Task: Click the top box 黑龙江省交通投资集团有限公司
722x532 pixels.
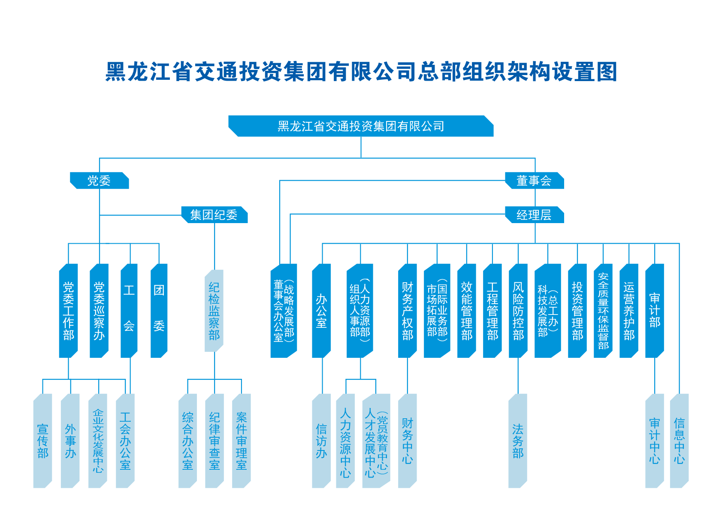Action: (361, 126)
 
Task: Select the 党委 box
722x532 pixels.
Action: (99, 181)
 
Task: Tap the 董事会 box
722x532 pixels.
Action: (535, 181)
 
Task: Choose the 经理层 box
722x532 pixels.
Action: (535, 215)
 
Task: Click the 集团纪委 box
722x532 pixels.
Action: (214, 215)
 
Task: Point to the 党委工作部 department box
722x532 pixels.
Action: (68, 311)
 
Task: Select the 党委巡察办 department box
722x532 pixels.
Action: (99, 311)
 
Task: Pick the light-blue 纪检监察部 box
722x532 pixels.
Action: (214, 311)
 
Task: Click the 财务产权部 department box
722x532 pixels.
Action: (408, 311)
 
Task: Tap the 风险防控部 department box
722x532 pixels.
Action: (518, 311)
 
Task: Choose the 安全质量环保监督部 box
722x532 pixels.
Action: (603, 311)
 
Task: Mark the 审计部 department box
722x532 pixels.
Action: (655, 311)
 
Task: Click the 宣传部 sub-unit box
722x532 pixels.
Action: (42, 441)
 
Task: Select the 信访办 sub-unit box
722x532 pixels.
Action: (321, 441)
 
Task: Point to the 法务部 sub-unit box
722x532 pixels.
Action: (518, 441)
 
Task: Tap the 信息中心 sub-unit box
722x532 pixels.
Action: (680, 441)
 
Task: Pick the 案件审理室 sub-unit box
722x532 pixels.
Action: (242, 441)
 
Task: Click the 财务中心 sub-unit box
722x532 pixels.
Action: (408, 441)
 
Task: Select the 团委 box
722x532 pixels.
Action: (159, 311)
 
